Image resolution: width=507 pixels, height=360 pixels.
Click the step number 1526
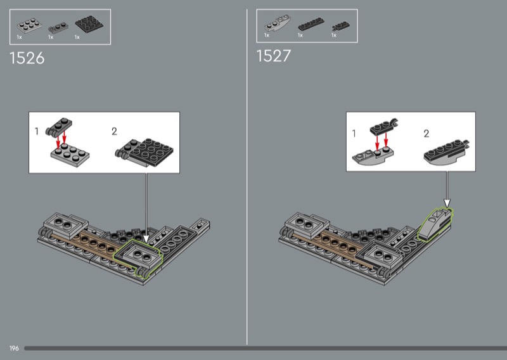(x=27, y=58)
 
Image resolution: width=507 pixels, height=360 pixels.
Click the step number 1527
(x=274, y=56)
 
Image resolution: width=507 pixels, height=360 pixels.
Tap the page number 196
(x=14, y=349)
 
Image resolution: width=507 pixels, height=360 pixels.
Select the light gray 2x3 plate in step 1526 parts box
(x=29, y=25)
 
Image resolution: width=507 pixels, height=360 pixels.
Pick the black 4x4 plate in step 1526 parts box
(x=89, y=23)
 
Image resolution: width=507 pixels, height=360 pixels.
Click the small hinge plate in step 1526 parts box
(x=58, y=28)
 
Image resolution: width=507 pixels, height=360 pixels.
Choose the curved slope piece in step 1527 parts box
(x=278, y=23)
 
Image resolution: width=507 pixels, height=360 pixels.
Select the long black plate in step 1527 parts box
(x=311, y=24)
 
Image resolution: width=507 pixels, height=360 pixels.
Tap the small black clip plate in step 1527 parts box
(x=340, y=27)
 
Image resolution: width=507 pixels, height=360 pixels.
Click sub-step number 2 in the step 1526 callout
(x=114, y=131)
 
